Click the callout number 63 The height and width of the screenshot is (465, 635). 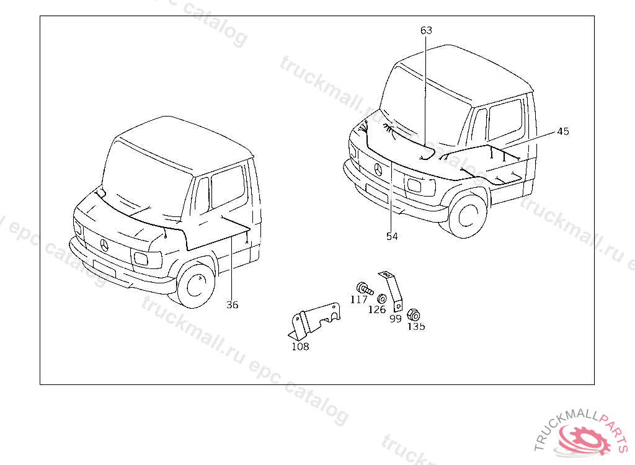click(x=426, y=30)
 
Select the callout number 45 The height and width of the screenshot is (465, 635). click(x=562, y=131)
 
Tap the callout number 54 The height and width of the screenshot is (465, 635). click(x=392, y=236)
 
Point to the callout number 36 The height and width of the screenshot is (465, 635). click(x=232, y=304)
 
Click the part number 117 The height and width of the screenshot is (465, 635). click(x=358, y=299)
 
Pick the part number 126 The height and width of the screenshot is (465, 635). click(x=377, y=309)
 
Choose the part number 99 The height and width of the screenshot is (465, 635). click(x=395, y=319)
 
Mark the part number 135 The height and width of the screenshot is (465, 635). click(x=416, y=327)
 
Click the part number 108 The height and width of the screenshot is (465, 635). click(x=300, y=347)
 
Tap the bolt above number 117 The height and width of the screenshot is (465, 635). click(x=363, y=288)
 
